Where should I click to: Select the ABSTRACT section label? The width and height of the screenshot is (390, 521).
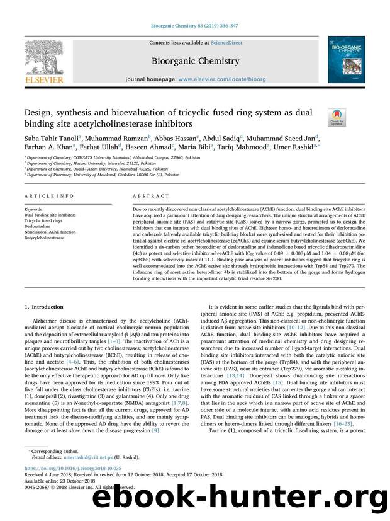pyautogui.click(x=146, y=197)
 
